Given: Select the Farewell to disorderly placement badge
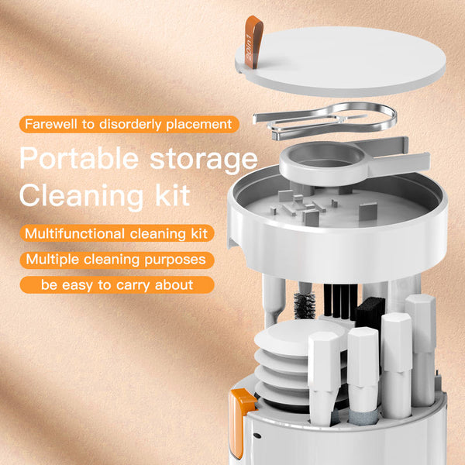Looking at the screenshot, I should tap(128, 124).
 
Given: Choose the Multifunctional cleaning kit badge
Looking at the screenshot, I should tap(118, 232).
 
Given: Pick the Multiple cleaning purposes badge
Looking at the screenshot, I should tap(115, 259).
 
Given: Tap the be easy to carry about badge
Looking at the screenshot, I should tap(116, 285).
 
